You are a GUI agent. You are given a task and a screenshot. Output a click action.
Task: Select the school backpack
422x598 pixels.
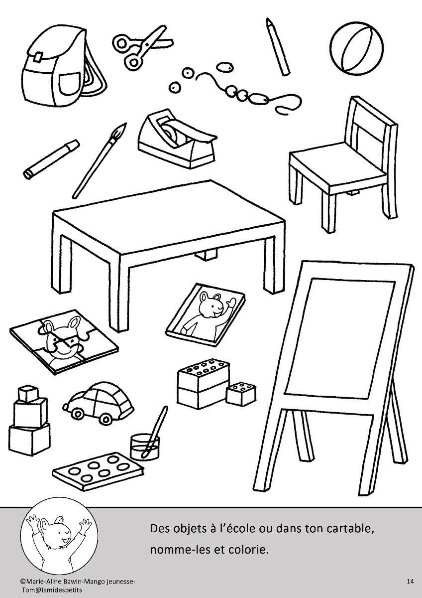64,67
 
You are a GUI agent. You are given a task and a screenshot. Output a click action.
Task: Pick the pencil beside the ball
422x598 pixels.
278,46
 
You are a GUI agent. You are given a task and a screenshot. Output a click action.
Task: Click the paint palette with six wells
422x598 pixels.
98,472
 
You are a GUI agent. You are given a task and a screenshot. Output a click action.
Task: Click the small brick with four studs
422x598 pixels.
241,395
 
